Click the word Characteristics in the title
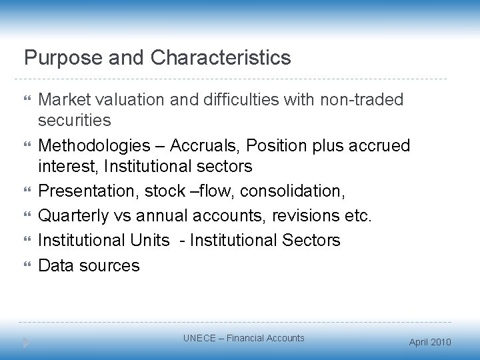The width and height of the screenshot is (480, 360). point(221,58)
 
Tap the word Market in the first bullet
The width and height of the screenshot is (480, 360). point(65,100)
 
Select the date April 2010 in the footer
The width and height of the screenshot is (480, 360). point(429,342)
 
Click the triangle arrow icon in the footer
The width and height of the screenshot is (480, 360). point(27,342)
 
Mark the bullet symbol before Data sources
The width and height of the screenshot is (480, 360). point(27,266)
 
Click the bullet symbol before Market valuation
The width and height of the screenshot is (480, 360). point(27,100)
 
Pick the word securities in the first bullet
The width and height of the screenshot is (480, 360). point(75,122)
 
